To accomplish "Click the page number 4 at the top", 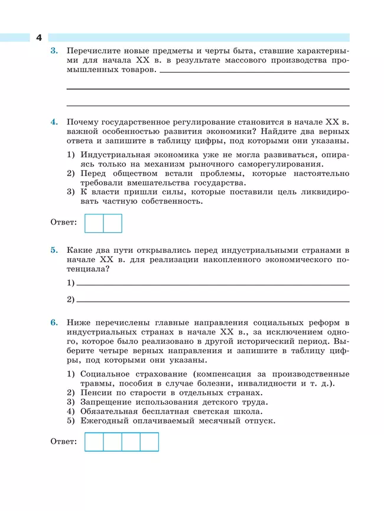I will (x=39, y=37).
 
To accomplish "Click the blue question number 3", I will (x=54, y=51).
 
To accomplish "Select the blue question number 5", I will (x=54, y=250).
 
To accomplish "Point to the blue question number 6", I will (x=54, y=322).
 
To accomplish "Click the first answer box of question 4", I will (x=95, y=223).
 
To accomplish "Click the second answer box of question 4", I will (x=113, y=223).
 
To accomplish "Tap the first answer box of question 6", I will (x=95, y=442).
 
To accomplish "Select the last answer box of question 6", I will (x=149, y=442).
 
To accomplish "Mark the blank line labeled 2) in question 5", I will (x=213, y=301).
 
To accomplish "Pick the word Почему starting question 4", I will (x=84, y=122).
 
